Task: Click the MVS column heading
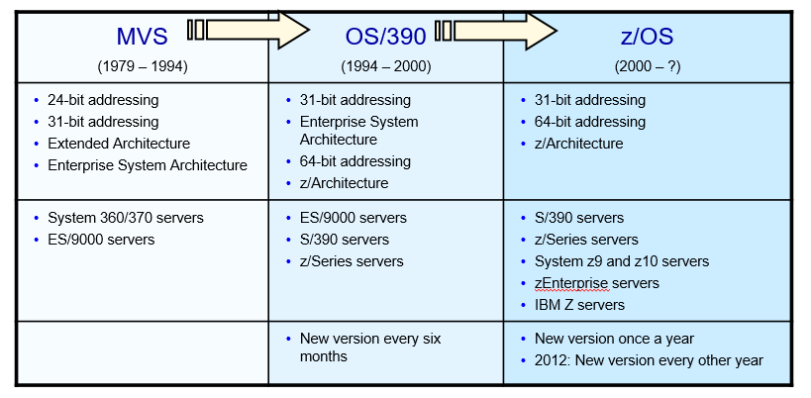coord(143,37)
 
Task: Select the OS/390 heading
coord(386,37)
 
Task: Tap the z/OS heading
coord(647,37)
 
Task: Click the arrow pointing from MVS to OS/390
coord(249,30)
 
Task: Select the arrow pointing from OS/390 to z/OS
coord(495,31)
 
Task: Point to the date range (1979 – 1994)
coord(143,66)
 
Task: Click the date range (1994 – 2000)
coord(386,66)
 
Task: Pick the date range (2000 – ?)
coord(647,66)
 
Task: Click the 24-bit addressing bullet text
coord(103,100)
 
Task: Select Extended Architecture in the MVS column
coord(119,144)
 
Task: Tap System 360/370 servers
coord(126,218)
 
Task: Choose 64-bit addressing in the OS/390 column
coord(355,161)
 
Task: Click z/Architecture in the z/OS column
coord(578,144)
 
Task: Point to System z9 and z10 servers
coord(622,261)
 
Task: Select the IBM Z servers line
coord(579,305)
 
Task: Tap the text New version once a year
coord(615,339)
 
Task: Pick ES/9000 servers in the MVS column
coord(101,240)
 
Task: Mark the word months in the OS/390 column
coord(323,356)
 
